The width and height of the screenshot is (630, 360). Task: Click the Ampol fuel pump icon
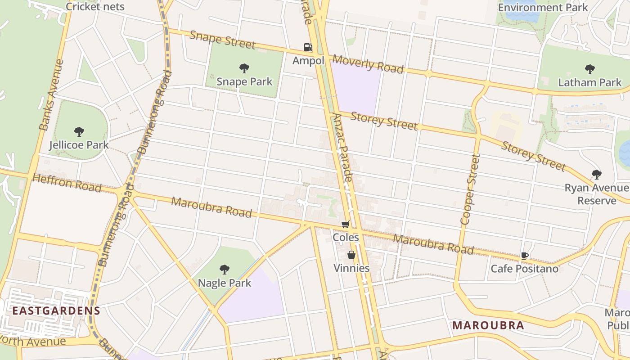(308, 47)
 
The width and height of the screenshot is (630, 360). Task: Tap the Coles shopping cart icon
(346, 224)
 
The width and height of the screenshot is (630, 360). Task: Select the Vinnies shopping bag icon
(351, 255)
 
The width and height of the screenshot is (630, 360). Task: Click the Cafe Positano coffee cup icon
(524, 256)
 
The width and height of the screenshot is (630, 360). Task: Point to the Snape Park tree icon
(244, 68)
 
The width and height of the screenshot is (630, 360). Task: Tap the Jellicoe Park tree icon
(79, 132)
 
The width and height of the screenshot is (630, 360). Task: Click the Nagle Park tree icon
(225, 270)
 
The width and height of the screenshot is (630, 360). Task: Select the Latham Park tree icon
(589, 69)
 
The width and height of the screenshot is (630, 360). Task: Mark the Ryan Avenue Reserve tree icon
(597, 174)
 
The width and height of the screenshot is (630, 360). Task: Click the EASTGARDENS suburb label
(56, 310)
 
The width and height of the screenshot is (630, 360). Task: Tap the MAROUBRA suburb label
(488, 325)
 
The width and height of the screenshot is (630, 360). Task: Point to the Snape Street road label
(222, 40)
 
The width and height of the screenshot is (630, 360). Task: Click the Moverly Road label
(368, 64)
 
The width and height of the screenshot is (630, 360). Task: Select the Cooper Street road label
(470, 189)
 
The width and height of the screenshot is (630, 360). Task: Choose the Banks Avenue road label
(51, 94)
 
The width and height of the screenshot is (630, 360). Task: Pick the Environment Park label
(543, 8)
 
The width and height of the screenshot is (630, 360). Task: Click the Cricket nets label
(95, 7)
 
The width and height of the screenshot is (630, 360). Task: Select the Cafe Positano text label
(524, 269)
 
